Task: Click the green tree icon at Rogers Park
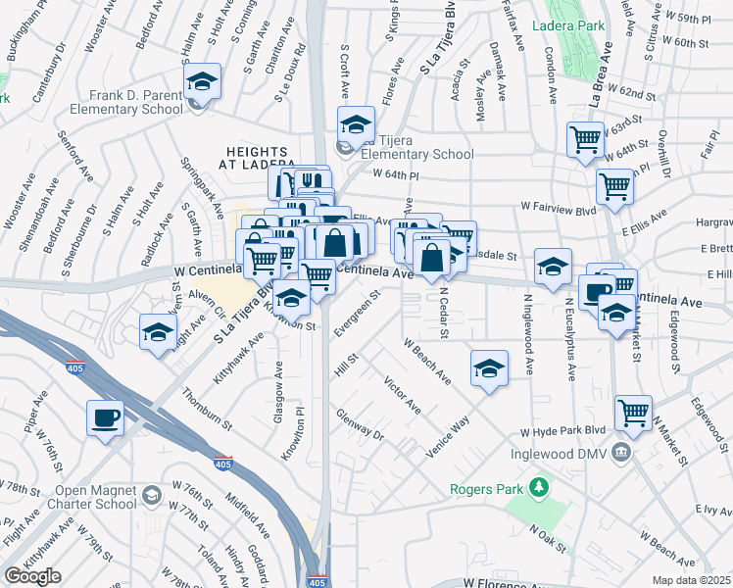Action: (x=537, y=486)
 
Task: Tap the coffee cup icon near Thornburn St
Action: (x=106, y=418)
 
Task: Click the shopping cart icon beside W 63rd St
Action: (x=585, y=139)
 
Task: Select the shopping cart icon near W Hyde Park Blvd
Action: (x=634, y=413)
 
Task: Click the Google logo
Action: (x=32, y=575)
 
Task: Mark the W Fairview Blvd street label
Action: (x=559, y=207)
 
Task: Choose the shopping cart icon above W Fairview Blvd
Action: (x=614, y=183)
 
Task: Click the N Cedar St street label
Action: (x=442, y=312)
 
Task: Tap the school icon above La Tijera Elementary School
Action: (x=356, y=124)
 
